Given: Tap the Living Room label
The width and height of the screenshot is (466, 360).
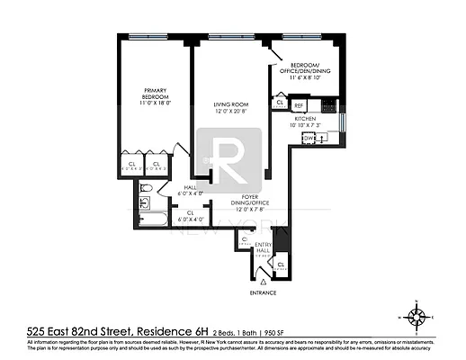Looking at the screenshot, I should (231, 105).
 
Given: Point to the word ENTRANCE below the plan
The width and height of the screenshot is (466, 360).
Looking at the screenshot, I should (264, 292).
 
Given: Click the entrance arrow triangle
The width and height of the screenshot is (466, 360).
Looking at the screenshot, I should (263, 282).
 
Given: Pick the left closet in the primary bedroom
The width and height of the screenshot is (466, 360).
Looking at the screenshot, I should (131, 165).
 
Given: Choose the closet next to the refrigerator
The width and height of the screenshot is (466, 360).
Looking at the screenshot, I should (281, 104).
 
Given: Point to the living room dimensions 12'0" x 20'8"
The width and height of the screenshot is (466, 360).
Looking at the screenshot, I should (231, 112).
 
